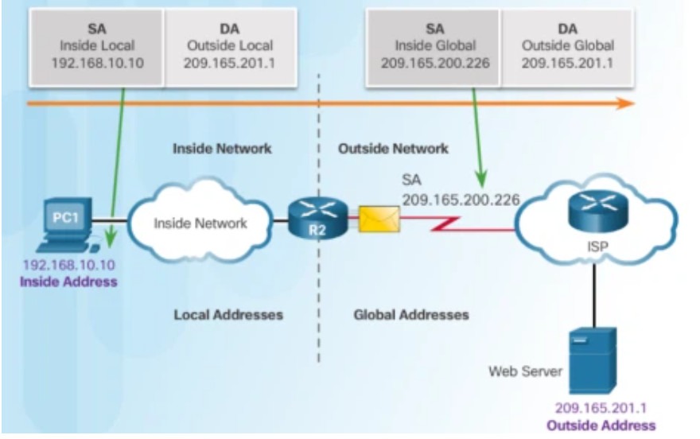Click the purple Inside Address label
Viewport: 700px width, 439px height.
pos(70,282)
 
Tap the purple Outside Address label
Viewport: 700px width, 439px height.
pos(601,425)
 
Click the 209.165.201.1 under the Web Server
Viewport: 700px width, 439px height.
pos(601,410)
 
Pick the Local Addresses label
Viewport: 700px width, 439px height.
pos(228,315)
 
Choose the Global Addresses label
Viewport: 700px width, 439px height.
pos(411,315)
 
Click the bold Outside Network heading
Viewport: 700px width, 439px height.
pos(393,149)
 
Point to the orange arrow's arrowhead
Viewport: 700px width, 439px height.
pos(626,103)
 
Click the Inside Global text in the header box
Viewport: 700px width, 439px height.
pos(433,45)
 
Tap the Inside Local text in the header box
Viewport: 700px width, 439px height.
pos(96,45)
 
